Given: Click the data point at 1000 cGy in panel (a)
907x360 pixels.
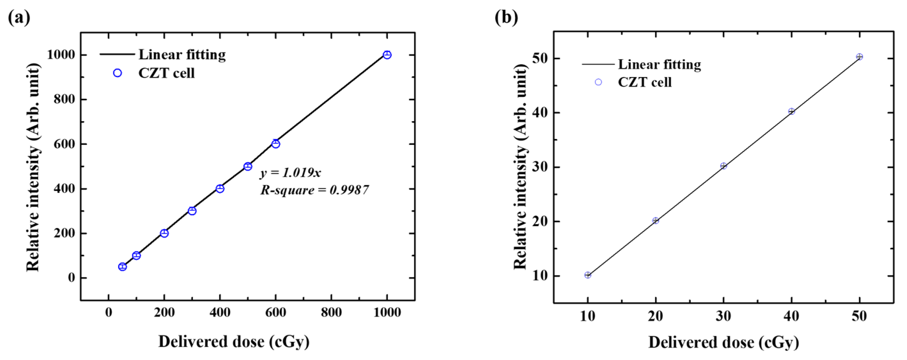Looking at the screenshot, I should (387, 55).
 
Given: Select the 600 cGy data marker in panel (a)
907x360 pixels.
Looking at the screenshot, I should (276, 144).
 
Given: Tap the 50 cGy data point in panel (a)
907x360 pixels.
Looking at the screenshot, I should (122, 267).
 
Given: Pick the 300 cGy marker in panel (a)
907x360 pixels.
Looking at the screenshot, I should (192, 211).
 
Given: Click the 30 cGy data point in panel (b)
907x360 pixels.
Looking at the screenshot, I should (724, 166).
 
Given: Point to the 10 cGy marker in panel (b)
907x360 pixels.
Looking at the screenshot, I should (588, 275).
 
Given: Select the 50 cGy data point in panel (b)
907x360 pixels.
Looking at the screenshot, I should (859, 57).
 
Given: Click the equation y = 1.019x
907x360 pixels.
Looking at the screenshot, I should (291, 173).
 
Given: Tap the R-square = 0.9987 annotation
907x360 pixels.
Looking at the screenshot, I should (314, 190).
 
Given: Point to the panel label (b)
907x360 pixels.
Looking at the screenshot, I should (506, 17).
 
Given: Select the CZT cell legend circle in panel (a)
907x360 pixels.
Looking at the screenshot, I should (118, 73).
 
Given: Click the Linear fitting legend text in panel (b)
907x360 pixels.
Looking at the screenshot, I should (659, 65).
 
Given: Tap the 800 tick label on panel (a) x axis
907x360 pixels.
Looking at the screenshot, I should (331, 312).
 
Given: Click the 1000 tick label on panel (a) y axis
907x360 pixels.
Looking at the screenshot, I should (61, 55).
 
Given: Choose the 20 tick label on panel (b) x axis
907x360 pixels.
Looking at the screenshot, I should (655, 316).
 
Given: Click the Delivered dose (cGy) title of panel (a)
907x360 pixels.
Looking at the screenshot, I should (234, 342).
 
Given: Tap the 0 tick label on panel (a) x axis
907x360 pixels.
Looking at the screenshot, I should (108, 312).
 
